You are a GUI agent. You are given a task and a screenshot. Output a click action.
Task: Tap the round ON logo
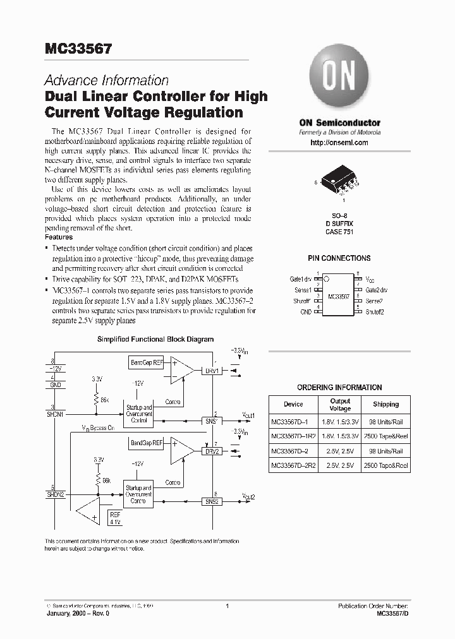[x=339, y=76]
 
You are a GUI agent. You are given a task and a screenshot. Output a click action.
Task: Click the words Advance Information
[x=106, y=81]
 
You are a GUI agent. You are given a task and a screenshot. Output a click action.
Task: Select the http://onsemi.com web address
[x=339, y=143]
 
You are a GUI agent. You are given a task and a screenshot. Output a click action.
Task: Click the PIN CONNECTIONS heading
[x=339, y=258]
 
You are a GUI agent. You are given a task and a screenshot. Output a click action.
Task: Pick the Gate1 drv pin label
[x=300, y=278]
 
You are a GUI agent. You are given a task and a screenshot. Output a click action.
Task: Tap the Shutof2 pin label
[x=374, y=311]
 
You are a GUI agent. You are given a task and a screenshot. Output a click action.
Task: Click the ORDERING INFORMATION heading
[x=339, y=387]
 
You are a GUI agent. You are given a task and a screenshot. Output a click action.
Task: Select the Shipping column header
[x=385, y=404]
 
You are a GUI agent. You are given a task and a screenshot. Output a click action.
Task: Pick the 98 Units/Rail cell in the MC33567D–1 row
[x=385, y=420]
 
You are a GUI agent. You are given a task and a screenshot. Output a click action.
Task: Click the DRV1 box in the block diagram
[x=211, y=371]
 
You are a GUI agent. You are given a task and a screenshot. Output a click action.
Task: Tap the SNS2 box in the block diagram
[x=211, y=501]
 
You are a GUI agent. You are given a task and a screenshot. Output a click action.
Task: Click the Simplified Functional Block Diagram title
[x=155, y=339]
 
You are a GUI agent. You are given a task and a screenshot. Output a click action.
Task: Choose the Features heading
[x=58, y=237]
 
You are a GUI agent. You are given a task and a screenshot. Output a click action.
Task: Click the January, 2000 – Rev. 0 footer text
[x=73, y=613]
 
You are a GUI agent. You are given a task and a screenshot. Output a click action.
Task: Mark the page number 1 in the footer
[x=226, y=606]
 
